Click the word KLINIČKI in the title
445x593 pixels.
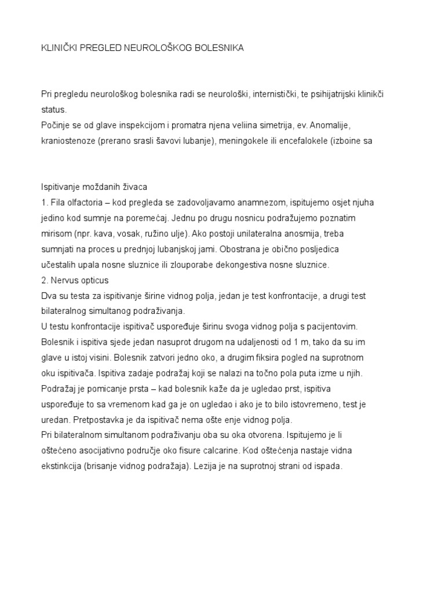point(60,49)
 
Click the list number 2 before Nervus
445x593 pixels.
point(43,280)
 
